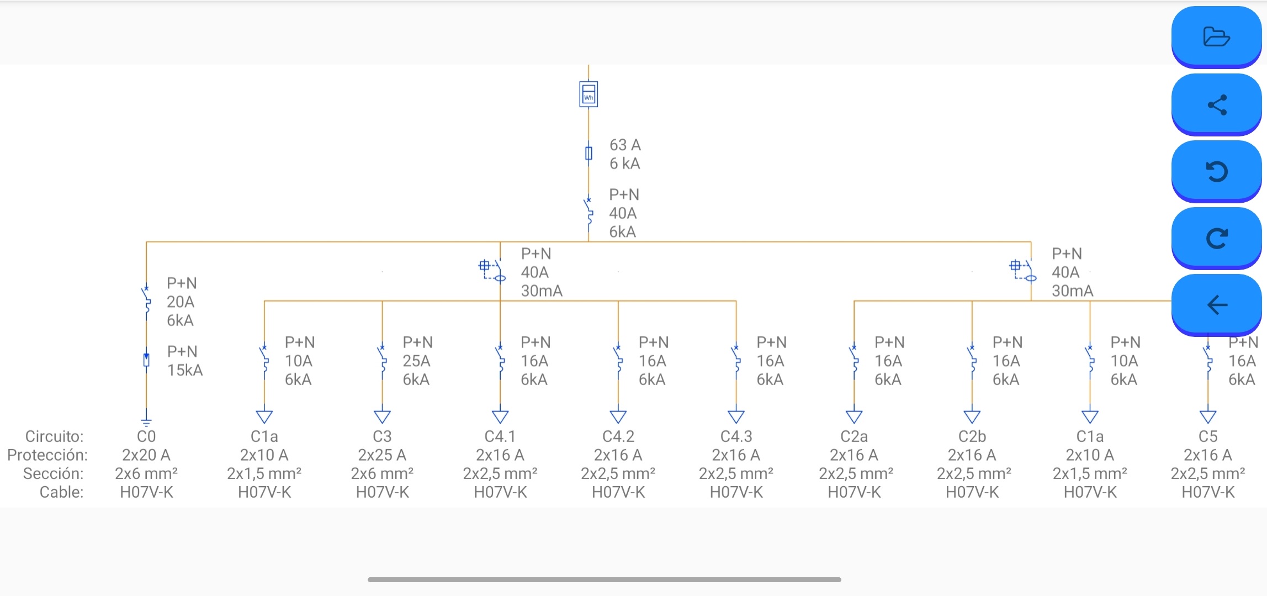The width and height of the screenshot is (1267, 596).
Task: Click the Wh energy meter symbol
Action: pos(589,94)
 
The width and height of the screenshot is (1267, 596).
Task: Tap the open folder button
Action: pos(1216,37)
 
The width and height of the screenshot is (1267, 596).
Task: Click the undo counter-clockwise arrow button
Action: pos(1216,171)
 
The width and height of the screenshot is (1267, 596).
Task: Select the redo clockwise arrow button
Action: pos(1216,238)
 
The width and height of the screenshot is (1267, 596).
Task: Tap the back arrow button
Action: pos(1216,305)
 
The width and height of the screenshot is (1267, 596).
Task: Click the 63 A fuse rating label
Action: pos(625,145)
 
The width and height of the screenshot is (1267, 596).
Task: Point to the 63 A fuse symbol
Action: pos(589,153)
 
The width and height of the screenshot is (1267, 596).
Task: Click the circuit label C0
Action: pos(146,436)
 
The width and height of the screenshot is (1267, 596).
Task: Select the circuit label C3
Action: pos(382,436)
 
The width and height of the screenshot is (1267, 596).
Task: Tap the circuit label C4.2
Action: pos(618,436)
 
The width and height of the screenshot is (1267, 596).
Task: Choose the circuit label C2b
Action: pos(972,436)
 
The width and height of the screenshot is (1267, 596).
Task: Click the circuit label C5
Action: pos(1208,436)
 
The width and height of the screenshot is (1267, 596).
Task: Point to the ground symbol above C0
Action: pos(146,421)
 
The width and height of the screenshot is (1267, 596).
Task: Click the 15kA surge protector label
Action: pos(185,370)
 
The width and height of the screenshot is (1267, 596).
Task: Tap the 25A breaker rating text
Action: pos(416,361)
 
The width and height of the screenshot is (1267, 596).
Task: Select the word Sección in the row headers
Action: pos(53,473)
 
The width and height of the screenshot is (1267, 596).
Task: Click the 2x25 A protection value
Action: pos(382,455)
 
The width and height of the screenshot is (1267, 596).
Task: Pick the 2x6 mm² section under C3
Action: pos(382,473)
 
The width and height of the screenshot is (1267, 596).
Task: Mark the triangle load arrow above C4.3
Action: pos(736,416)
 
